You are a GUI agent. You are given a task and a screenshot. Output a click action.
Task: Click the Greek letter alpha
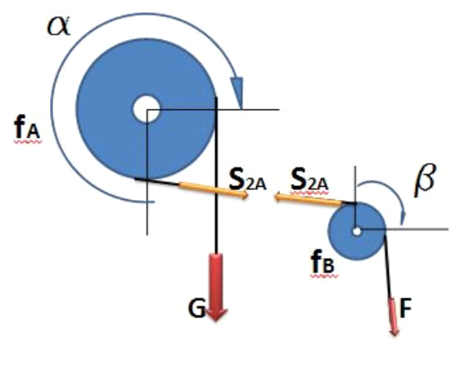tap(59, 26)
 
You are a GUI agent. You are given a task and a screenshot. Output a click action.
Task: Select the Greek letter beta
tap(425, 180)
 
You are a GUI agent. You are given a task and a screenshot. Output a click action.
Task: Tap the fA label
tap(27, 128)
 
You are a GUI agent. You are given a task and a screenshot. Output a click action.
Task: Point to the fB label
tap(322, 261)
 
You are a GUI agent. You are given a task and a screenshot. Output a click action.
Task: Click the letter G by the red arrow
tap(196, 308)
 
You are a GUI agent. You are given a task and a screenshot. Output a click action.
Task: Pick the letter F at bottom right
tap(406, 307)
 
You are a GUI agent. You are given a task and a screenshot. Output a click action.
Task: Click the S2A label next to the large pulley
tap(248, 180)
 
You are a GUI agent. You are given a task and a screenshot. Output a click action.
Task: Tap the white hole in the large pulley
tap(147, 109)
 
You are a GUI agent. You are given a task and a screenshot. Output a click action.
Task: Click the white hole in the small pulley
tap(357, 231)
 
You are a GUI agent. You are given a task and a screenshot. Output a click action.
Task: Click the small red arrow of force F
tap(394, 316)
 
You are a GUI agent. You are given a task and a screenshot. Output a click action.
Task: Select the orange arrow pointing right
tap(214, 190)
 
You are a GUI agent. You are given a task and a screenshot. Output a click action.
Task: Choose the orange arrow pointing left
tap(308, 200)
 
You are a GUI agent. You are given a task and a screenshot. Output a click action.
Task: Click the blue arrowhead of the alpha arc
tap(237, 92)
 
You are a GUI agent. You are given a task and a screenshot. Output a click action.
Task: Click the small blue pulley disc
tap(357, 231)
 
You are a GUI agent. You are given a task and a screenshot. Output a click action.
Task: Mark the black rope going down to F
tap(388, 266)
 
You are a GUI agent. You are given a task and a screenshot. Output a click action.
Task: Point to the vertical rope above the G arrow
tap(217, 175)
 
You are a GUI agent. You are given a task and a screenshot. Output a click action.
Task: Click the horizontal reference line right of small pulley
tap(417, 229)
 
